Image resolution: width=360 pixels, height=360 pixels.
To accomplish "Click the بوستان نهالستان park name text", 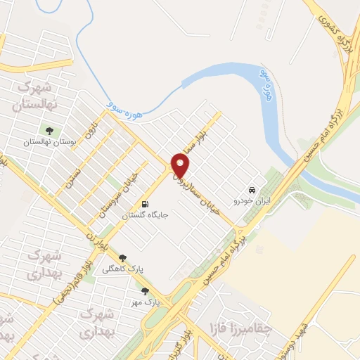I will pyautogui.click(x=49, y=142).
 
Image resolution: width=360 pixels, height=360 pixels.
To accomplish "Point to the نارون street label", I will pyautogui.click(x=89, y=131).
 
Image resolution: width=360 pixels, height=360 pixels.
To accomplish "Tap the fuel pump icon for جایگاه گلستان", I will pyautogui.click(x=146, y=204).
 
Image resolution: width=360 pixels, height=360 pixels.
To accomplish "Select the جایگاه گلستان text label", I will pyautogui.click(x=146, y=216).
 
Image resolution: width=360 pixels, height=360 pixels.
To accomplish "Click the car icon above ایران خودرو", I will pyautogui.click(x=251, y=190).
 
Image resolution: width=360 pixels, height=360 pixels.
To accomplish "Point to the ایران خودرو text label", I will pyautogui.click(x=252, y=202).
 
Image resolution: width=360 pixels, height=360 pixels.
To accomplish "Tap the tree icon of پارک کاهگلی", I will pyautogui.click(x=123, y=258).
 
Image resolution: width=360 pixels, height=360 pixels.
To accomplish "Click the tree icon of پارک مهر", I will pyautogui.click(x=145, y=291).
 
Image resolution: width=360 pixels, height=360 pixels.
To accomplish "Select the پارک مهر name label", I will pyautogui.click(x=145, y=302).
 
